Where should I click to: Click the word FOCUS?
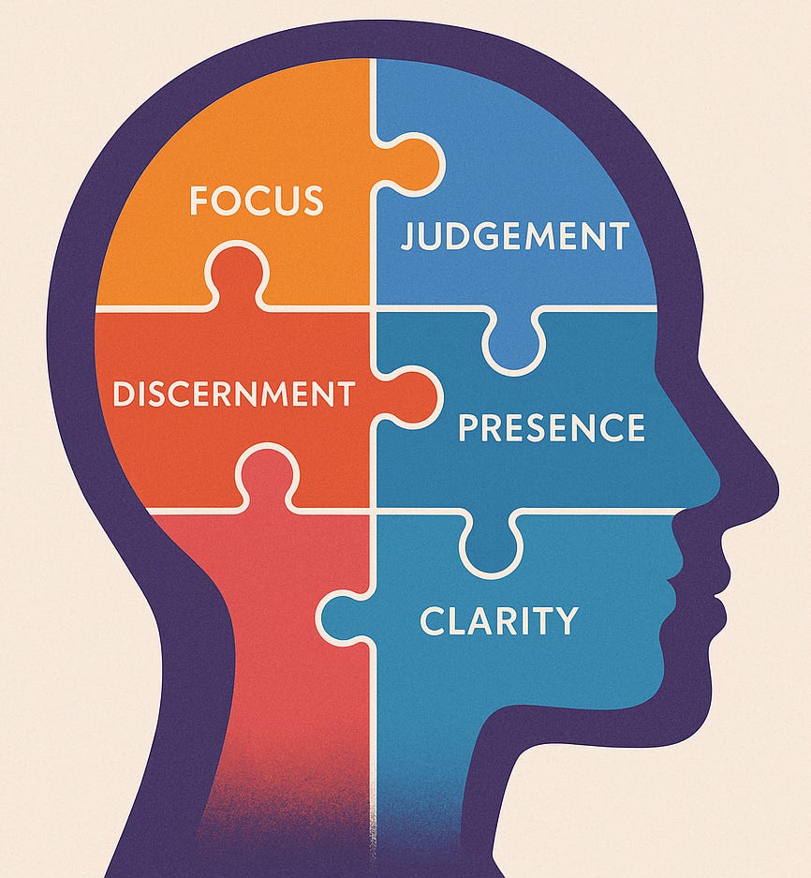(256, 201)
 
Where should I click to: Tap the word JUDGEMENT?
(514, 236)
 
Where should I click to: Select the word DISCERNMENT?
(233, 394)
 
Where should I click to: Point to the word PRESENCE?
(552, 427)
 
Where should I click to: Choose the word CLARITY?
(499, 620)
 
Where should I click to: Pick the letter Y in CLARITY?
(567, 620)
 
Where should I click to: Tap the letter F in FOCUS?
(198, 201)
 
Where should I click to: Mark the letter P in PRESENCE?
(467, 427)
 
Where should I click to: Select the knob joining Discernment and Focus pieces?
(237, 272)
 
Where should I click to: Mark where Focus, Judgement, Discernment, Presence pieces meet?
(374, 307)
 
